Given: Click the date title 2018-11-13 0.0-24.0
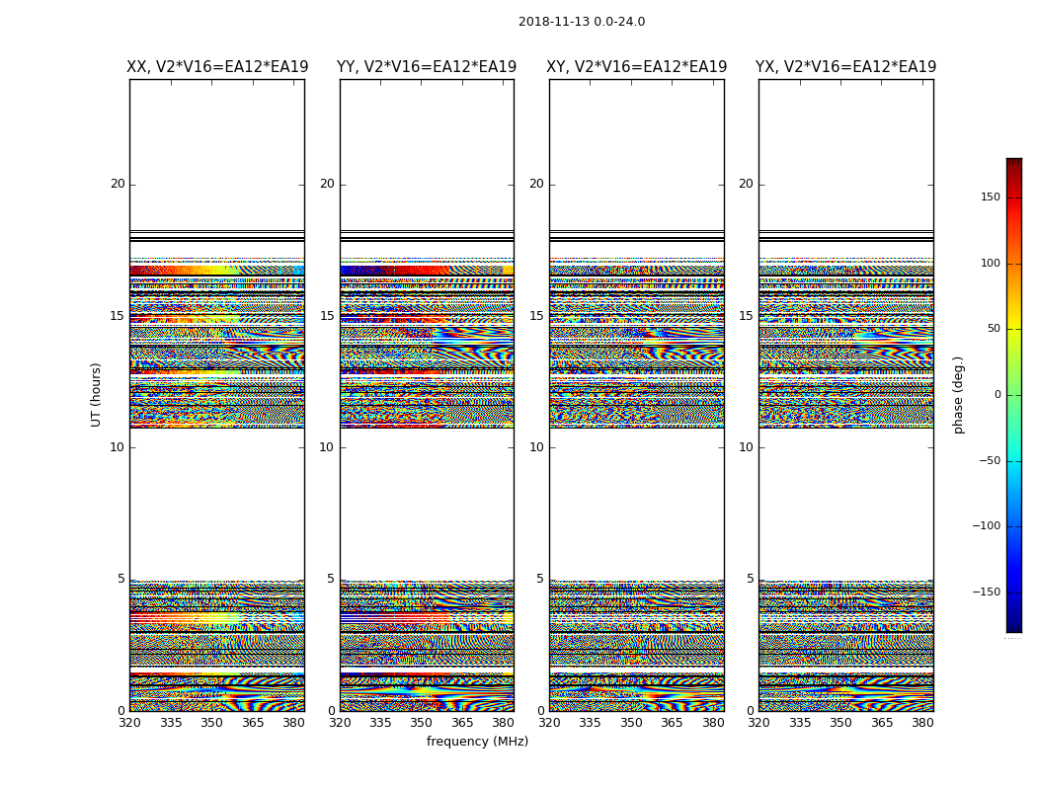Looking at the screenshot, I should click(582, 22).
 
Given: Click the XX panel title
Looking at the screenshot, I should click(217, 67).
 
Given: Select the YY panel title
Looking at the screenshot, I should click(427, 67).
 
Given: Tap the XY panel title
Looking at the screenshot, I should click(637, 67).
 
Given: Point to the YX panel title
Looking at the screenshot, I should click(846, 67).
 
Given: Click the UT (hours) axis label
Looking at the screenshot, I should click(97, 394).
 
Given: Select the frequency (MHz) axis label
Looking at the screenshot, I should click(477, 742).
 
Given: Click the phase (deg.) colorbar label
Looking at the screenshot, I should click(959, 395).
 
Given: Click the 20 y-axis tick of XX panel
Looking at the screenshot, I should click(118, 184).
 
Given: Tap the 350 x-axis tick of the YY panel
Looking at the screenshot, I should click(422, 723).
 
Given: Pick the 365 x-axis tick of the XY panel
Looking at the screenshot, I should click(672, 723).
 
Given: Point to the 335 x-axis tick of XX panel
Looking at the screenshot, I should click(171, 723).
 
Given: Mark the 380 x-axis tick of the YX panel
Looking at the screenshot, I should click(922, 723).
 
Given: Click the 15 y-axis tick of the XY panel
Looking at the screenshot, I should click(536, 316).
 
